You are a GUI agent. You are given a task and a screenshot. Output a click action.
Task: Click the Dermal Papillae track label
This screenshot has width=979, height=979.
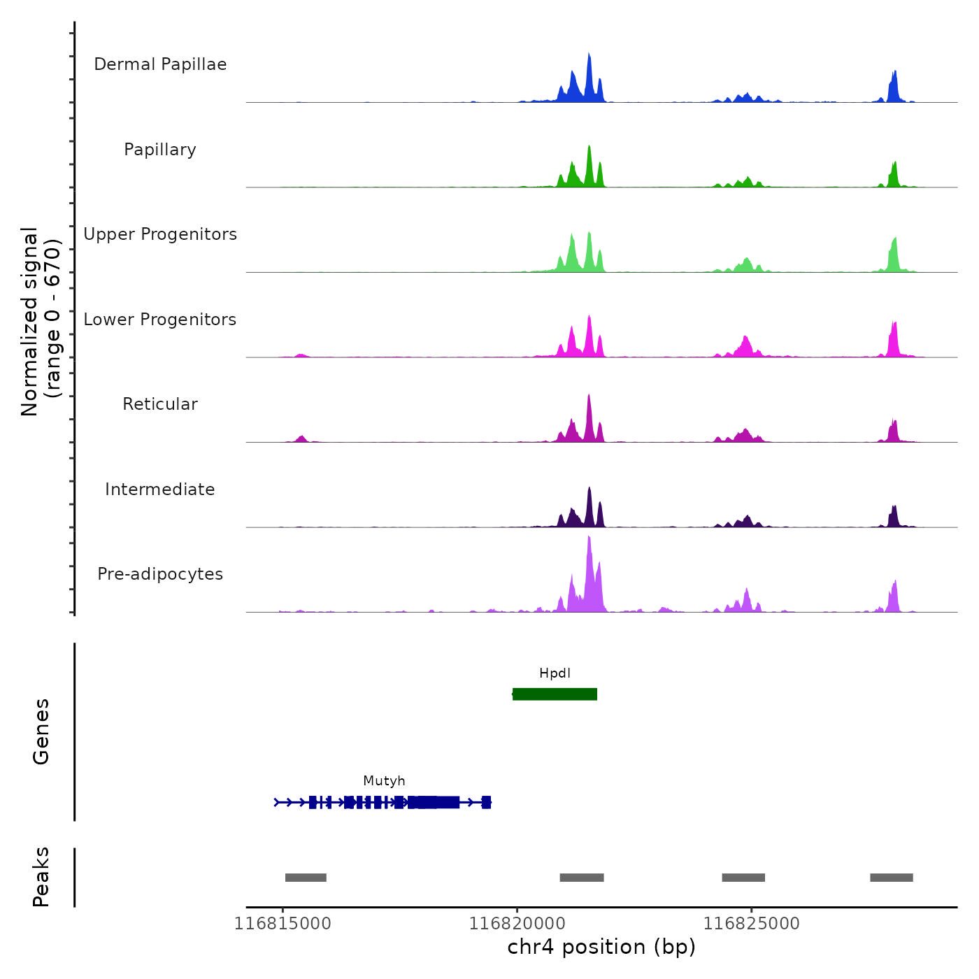(x=160, y=64)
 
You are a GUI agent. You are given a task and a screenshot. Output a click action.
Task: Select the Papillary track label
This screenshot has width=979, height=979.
(x=160, y=150)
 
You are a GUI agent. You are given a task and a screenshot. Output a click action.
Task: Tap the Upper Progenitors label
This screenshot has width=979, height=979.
(x=160, y=234)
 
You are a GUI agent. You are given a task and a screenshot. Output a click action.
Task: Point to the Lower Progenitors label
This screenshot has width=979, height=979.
(x=160, y=320)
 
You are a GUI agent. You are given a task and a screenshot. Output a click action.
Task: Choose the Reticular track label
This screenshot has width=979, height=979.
(x=160, y=404)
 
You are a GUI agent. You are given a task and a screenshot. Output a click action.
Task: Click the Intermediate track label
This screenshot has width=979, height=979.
(x=160, y=489)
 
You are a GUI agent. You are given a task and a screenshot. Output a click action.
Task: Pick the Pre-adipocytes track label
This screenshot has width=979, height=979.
(x=160, y=574)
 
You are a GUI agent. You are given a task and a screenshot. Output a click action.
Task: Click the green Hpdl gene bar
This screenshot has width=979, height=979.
(x=555, y=694)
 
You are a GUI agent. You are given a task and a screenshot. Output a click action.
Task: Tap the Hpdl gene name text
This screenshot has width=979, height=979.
(x=555, y=673)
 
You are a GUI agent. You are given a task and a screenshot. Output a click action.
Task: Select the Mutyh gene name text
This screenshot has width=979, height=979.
(x=384, y=781)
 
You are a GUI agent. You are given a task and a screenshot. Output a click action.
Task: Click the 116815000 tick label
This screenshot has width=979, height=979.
(x=283, y=923)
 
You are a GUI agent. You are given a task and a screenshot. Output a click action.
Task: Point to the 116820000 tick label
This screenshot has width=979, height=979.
(x=517, y=923)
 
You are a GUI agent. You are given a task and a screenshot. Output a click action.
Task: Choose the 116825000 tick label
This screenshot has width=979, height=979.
(x=752, y=923)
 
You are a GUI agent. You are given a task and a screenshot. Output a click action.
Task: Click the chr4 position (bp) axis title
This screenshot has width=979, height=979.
(x=601, y=947)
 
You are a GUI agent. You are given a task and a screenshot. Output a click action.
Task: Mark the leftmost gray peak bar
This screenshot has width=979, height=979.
(x=306, y=878)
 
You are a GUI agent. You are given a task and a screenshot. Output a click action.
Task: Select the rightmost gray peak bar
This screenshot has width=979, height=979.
(x=892, y=878)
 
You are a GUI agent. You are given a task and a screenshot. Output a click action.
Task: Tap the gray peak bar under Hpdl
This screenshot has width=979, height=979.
(x=582, y=878)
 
